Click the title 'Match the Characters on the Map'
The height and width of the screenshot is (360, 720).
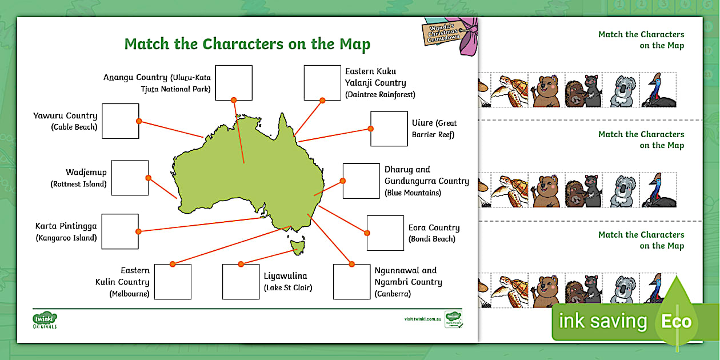pyautogui.click(x=247, y=45)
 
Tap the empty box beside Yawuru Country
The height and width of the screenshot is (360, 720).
pyautogui.click(x=121, y=121)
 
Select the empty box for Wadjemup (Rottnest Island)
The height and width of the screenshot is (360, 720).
pyautogui.click(x=130, y=178)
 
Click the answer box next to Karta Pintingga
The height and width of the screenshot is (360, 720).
pyautogui.click(x=120, y=231)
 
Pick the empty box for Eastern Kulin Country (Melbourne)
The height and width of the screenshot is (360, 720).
pyautogui.click(x=173, y=282)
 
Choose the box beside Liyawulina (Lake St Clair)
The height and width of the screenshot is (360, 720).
pyautogui.click(x=241, y=282)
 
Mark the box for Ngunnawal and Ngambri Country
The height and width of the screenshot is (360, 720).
pyautogui.click(x=351, y=282)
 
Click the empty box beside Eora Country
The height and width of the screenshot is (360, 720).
pyautogui.click(x=385, y=233)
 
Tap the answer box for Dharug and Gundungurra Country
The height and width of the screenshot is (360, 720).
pyautogui.click(x=361, y=181)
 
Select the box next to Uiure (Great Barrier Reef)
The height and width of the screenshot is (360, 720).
pyautogui.click(x=389, y=129)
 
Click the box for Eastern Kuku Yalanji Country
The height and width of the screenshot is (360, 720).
pyautogui.click(x=322, y=83)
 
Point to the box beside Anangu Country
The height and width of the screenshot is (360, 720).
pyautogui.click(x=234, y=83)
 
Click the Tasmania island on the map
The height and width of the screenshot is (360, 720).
pyautogui.click(x=297, y=247)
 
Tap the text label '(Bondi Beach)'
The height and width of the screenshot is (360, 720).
pyautogui.click(x=432, y=239)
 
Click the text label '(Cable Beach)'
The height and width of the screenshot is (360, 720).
pyautogui.click(x=74, y=127)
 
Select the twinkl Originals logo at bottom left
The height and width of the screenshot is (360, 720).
pyautogui.click(x=45, y=319)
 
